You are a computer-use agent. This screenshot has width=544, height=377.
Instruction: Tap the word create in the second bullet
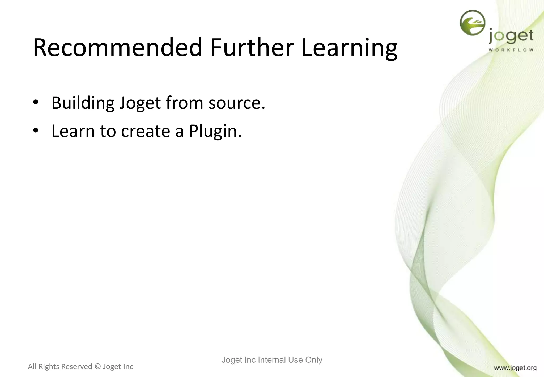pos(145,131)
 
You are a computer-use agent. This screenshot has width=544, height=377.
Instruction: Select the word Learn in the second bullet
pos(73,131)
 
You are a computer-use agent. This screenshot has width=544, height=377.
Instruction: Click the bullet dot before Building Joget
pos(36,102)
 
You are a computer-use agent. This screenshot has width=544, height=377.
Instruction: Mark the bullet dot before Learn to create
pos(36,131)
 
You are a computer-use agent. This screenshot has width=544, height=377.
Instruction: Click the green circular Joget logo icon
pos(472,23)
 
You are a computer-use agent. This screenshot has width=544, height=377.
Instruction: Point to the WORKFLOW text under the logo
pos(511,50)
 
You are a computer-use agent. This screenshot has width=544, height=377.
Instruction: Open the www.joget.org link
pos(515,368)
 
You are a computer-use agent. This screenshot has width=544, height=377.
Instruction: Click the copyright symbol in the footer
pos(97,367)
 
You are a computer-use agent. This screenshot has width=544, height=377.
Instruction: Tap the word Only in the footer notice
pos(314,360)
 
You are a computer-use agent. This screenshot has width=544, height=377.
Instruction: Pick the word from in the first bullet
pos(185,103)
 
